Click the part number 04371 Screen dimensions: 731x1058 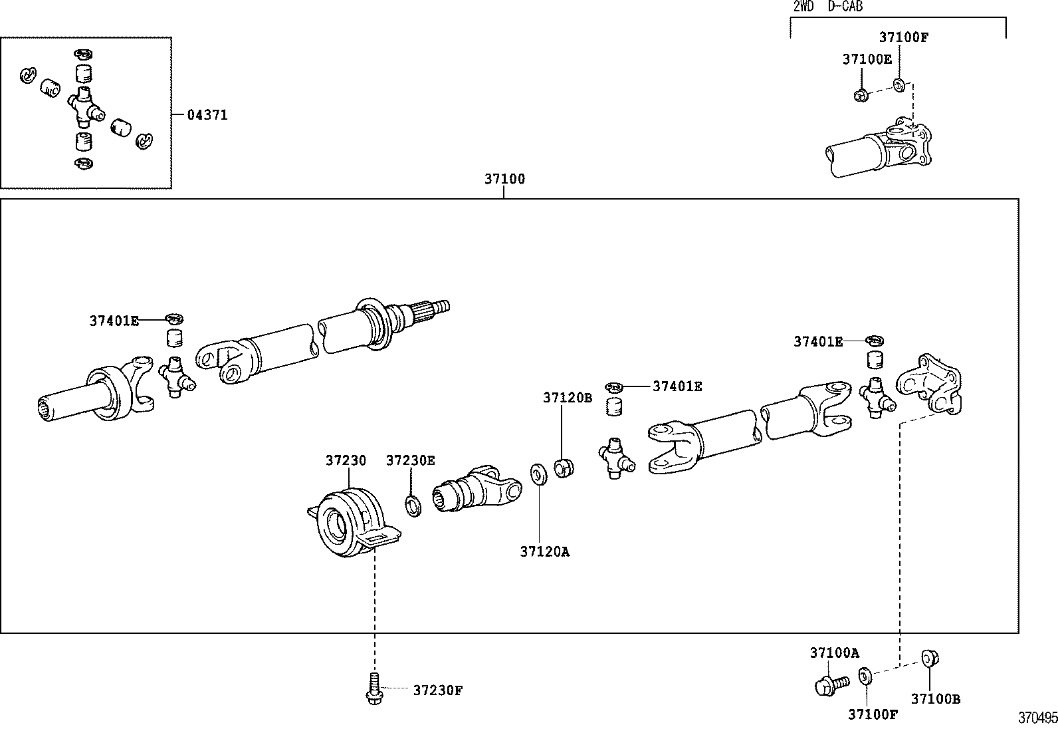click(207, 115)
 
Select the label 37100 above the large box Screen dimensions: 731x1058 click(504, 179)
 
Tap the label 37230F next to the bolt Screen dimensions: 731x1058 click(437, 690)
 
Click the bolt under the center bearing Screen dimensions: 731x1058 click(373, 688)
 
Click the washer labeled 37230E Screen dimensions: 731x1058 click(412, 506)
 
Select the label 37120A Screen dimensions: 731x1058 click(545, 551)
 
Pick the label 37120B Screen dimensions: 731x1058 click(567, 398)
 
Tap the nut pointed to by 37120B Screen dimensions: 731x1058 click(564, 468)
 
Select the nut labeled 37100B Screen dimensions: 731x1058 click(929, 658)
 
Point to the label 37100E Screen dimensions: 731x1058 click(867, 59)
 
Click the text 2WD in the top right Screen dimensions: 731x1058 click(803, 7)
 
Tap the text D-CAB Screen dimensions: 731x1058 click(845, 7)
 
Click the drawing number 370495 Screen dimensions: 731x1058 click(1037, 718)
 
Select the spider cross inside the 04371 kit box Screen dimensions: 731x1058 click(84, 105)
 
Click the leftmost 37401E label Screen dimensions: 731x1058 click(114, 321)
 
